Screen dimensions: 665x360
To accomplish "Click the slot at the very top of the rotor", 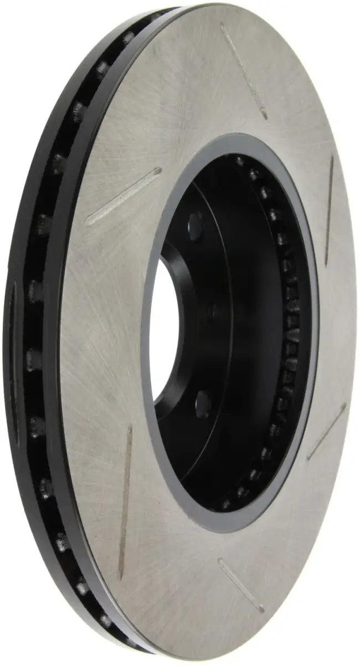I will (244, 69).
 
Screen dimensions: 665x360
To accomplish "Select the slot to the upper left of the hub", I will (123, 196).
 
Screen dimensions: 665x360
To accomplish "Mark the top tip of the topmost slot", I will (222, 25).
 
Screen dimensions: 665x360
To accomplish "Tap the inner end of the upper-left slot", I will (160, 171).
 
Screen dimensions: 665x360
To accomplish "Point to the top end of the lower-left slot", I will (130, 427).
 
